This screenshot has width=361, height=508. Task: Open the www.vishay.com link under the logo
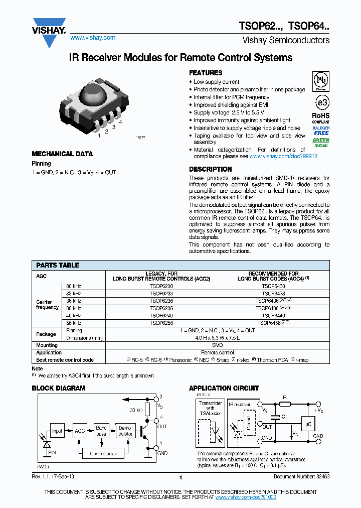tap(93, 38)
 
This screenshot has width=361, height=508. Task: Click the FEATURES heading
tap(206, 73)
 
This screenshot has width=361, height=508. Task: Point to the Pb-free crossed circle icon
tap(321, 80)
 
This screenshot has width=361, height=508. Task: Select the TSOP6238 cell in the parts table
tap(161, 308)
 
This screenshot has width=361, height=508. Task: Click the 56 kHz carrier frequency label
tap(73, 323)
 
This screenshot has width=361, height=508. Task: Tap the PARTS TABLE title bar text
tap(58, 265)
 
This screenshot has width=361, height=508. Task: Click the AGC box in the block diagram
tap(79, 431)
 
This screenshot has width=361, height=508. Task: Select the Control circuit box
tap(104, 453)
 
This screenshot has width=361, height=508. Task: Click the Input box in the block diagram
tap(58, 431)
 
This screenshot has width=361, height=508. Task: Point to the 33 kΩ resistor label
tap(136, 410)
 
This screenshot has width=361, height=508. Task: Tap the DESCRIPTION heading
tap(211, 169)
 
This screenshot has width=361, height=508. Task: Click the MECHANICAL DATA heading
tap(62, 154)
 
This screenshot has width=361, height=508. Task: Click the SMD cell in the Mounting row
tap(217, 345)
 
